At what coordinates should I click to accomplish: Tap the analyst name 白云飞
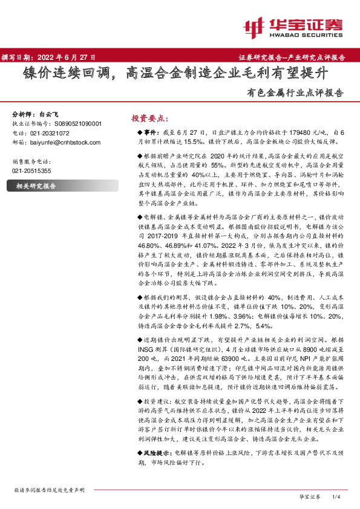(x=49, y=114)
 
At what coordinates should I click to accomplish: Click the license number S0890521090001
(x=74, y=123)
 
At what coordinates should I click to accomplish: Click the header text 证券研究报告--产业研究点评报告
(x=296, y=57)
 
